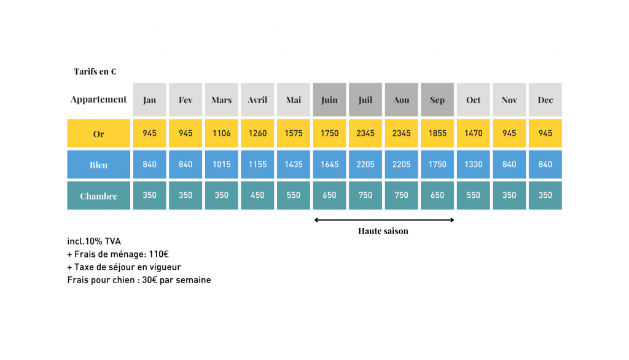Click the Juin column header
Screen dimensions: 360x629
click(329, 100)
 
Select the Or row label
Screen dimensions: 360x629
click(98, 134)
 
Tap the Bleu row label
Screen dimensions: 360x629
click(98, 165)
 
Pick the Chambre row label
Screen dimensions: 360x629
click(98, 196)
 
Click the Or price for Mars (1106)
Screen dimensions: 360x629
click(221, 133)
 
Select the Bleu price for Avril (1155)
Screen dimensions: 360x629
click(257, 164)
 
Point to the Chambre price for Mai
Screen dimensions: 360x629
click(294, 195)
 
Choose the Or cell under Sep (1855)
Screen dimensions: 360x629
click(437, 133)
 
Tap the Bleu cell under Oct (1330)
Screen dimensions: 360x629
click(473, 164)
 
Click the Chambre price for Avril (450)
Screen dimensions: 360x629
click(257, 195)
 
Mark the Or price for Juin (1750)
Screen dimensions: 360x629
click(329, 133)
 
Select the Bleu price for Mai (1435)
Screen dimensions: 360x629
click(294, 164)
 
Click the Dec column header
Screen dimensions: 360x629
click(545, 100)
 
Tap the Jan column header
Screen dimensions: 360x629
click(149, 100)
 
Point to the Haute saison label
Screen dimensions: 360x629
click(383, 231)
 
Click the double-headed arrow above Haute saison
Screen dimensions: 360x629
click(384, 220)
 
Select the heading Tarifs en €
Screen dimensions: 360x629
click(95, 72)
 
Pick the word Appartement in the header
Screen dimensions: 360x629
click(98, 100)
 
